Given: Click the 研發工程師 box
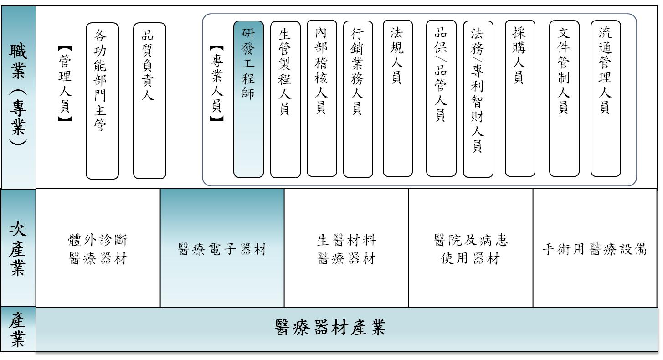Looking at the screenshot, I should [x=248, y=99].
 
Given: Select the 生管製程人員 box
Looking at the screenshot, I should [x=285, y=99].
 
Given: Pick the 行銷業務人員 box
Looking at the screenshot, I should [x=358, y=99].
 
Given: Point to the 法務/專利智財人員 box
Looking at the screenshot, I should [x=478, y=99].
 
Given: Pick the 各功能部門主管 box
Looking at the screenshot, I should [x=102, y=101].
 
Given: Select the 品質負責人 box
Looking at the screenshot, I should [x=149, y=101].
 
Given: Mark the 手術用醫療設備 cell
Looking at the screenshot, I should [x=595, y=249].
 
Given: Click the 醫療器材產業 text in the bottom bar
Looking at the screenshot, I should [x=330, y=328].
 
